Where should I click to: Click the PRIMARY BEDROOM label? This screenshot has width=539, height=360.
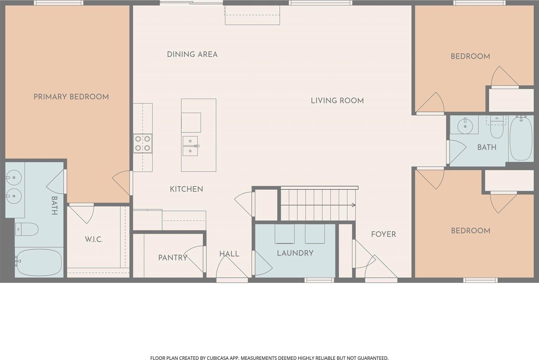pos(71,97)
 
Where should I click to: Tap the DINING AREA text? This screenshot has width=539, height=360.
pos(192,54)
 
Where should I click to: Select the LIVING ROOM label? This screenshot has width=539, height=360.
pos(337,101)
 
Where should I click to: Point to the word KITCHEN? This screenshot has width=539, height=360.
pos(187,189)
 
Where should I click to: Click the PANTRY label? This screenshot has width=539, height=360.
pos(173,258)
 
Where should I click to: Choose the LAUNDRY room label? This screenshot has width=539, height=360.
pos(295,253)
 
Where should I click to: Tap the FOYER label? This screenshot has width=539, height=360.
pos(383,234)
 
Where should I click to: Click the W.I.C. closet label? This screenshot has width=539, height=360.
pos(94,240)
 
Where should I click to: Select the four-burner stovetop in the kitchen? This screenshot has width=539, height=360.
pos(143,143)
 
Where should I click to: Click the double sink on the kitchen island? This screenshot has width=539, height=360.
pos(190,146)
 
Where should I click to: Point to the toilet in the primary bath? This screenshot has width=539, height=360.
pos(27,229)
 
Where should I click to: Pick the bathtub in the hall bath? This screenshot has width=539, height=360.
pos(521,139)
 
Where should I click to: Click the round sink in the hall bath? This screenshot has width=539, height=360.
pos(465,126)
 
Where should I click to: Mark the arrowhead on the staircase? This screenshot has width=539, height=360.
pos(354,205)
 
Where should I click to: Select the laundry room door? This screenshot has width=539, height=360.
pos(262,263)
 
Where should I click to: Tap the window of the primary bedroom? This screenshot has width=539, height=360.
pos(59,3)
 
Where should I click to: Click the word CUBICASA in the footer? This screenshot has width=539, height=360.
pos(216,358)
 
